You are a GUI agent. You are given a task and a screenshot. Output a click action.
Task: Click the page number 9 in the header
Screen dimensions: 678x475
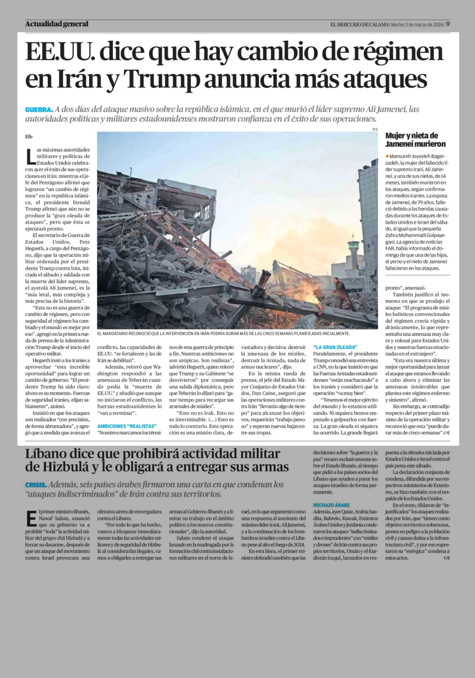coord(448,24)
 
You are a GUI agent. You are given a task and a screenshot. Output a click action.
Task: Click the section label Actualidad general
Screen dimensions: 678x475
coord(57,24)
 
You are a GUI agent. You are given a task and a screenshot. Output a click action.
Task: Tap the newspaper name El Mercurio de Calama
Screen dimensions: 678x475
coord(359,25)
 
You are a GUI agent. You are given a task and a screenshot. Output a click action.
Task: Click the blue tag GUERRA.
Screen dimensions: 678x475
coord(39,110)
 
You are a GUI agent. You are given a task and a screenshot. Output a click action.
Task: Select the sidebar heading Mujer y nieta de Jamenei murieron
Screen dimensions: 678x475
coord(415,140)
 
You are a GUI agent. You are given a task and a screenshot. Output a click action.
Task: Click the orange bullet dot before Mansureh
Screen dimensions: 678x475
coord(387,156)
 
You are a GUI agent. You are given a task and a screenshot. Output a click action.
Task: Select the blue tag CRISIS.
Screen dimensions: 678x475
coord(36,485)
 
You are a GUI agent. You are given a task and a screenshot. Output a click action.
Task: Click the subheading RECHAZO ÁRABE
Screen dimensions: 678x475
coord(331,505)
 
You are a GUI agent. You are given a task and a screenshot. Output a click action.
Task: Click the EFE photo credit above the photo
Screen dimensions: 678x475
coord(375,129)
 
